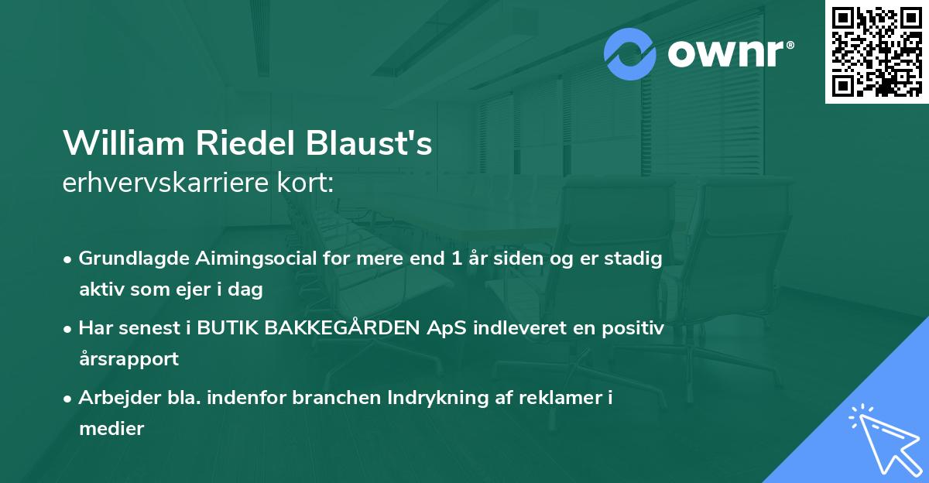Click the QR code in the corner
(877, 52)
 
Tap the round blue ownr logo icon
(630, 54)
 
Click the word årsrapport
(129, 359)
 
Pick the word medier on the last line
(111, 429)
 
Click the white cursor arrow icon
(883, 439)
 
